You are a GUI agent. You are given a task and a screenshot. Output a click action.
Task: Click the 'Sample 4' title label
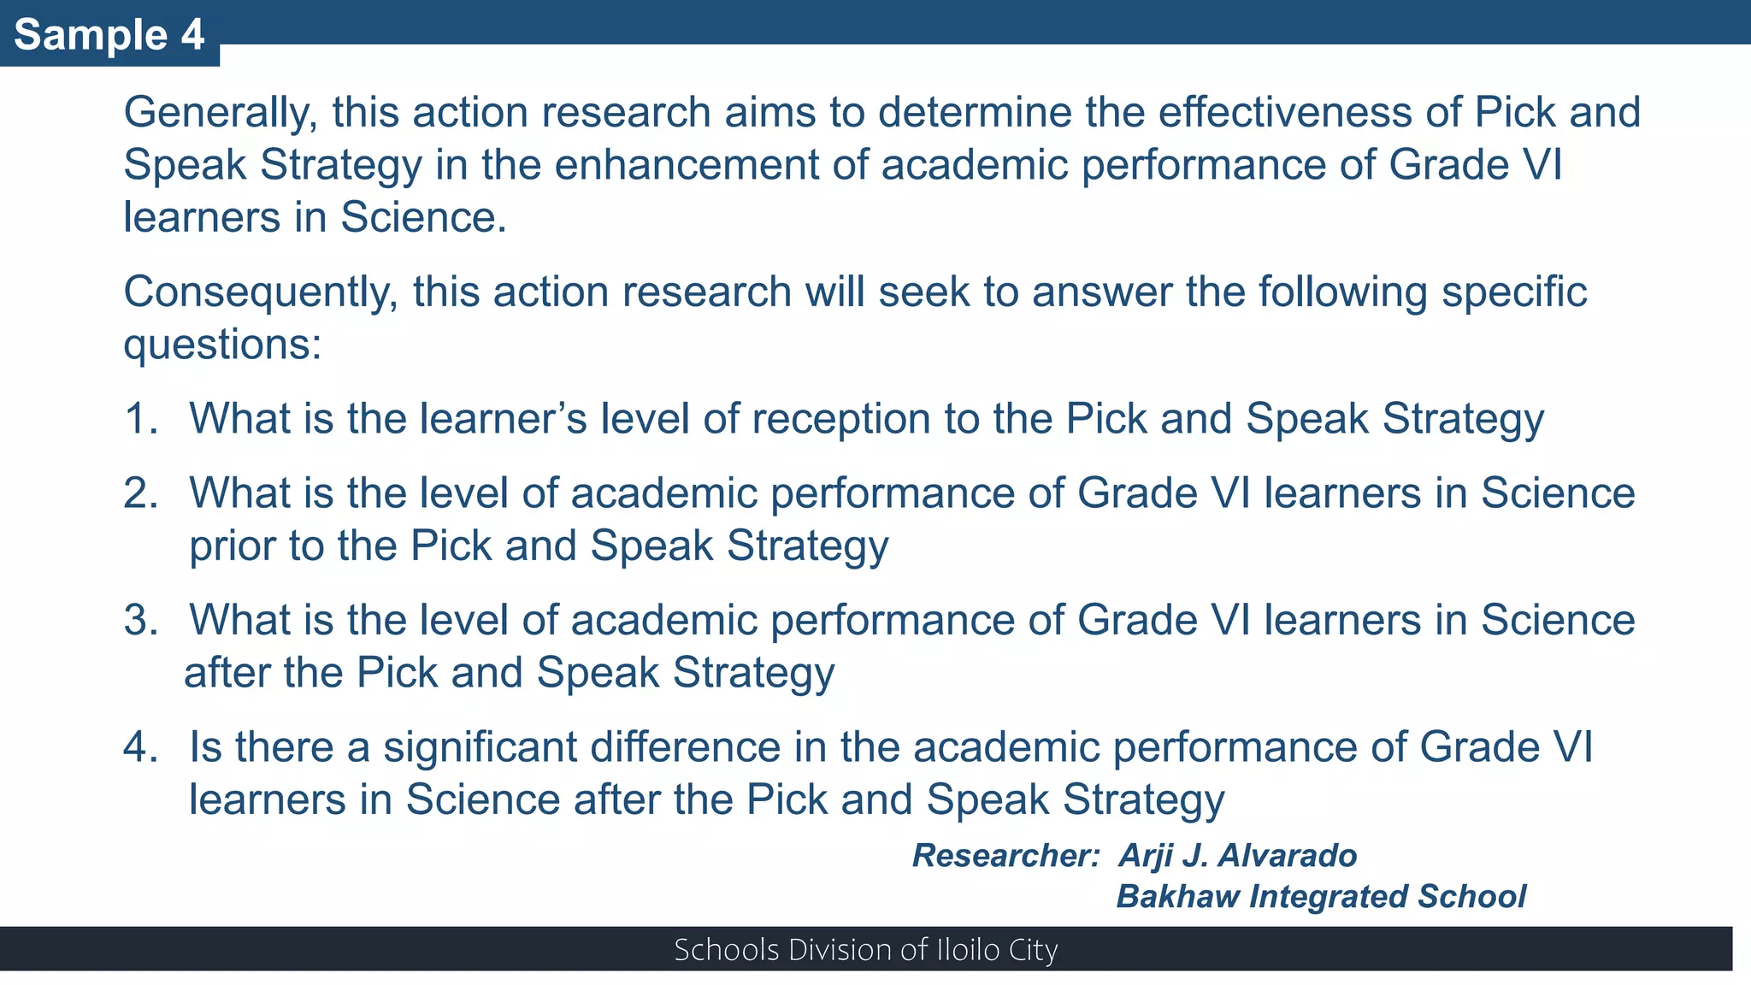(109, 35)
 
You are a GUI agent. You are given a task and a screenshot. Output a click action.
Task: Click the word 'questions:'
(222, 345)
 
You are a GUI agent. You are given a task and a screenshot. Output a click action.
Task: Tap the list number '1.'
(142, 419)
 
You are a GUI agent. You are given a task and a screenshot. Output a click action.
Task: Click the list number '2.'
(142, 493)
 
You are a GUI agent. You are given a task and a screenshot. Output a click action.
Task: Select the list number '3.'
(142, 620)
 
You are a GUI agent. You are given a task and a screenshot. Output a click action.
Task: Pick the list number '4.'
(142, 747)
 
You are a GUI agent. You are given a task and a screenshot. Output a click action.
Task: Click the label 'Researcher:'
(1005, 856)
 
